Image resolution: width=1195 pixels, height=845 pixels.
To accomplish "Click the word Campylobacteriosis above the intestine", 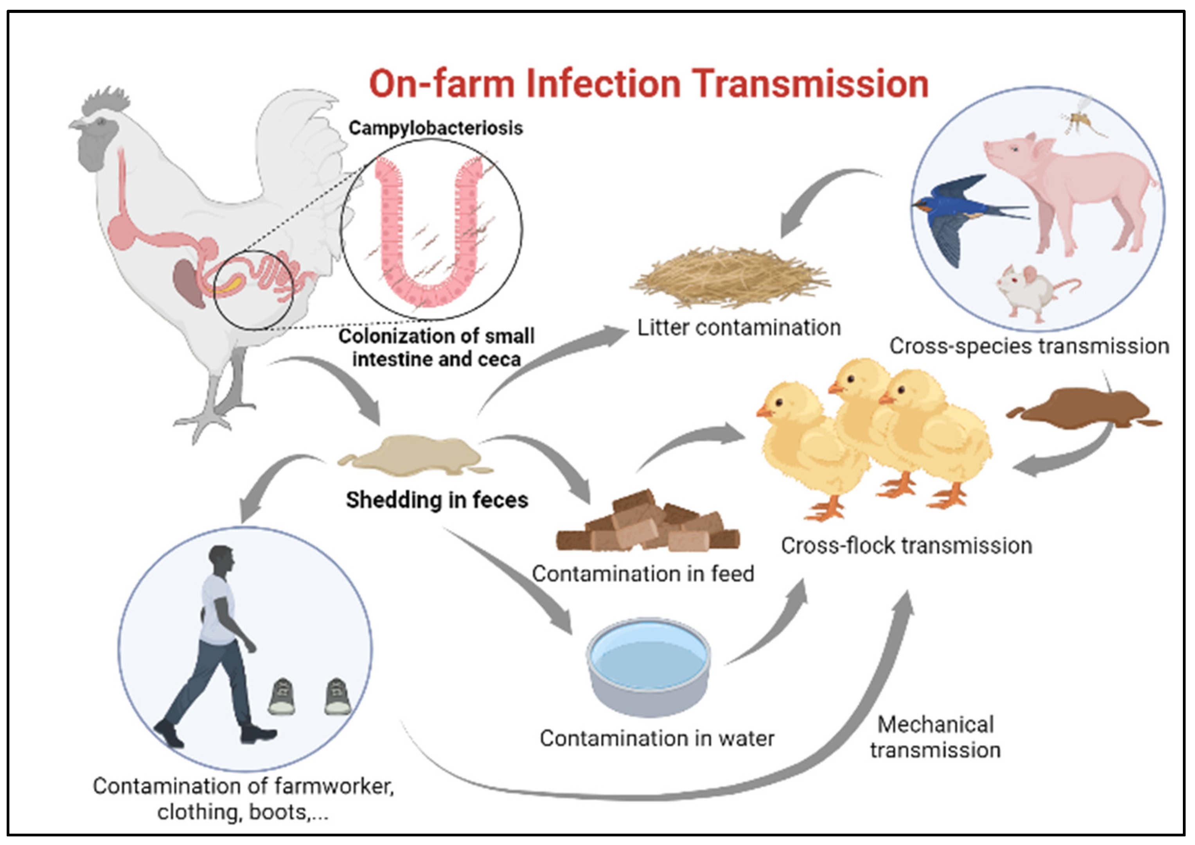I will point(435,128).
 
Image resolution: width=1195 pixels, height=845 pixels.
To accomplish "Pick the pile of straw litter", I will point(729,276).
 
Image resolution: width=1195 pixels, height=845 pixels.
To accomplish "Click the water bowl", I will point(649,666).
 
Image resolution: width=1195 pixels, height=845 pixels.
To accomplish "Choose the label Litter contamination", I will point(739,328).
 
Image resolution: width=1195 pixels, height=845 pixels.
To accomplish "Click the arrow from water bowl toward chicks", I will point(770,630).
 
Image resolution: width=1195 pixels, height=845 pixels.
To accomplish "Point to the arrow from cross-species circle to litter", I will point(817,198).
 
